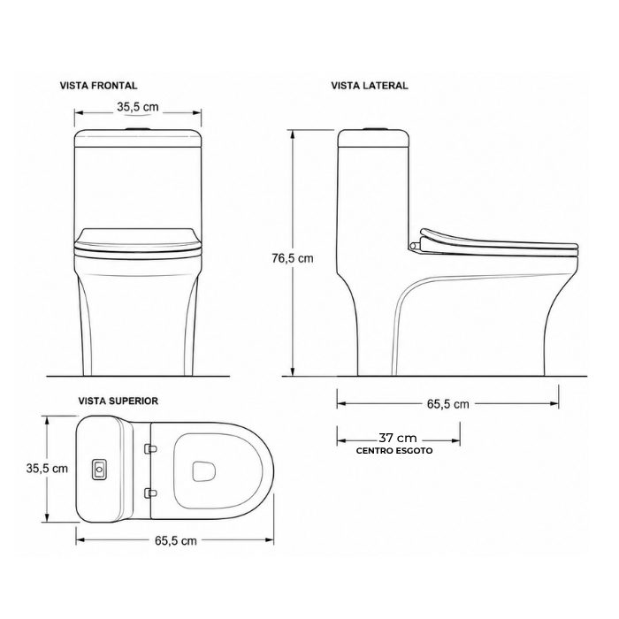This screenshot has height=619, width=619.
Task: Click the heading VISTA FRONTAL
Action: click(99, 86)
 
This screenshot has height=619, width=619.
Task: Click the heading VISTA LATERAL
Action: click(370, 86)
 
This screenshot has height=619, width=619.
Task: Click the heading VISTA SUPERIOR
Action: click(118, 401)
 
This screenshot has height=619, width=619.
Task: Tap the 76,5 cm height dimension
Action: click(293, 258)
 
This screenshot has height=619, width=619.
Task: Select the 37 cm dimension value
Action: click(398, 439)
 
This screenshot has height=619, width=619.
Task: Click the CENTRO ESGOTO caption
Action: click(394, 451)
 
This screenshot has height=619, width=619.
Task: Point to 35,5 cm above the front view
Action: click(138, 107)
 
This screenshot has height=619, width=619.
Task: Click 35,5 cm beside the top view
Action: click(47, 469)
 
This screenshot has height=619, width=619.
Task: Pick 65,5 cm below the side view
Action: click(448, 404)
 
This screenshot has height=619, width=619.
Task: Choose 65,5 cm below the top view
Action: click(176, 540)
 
